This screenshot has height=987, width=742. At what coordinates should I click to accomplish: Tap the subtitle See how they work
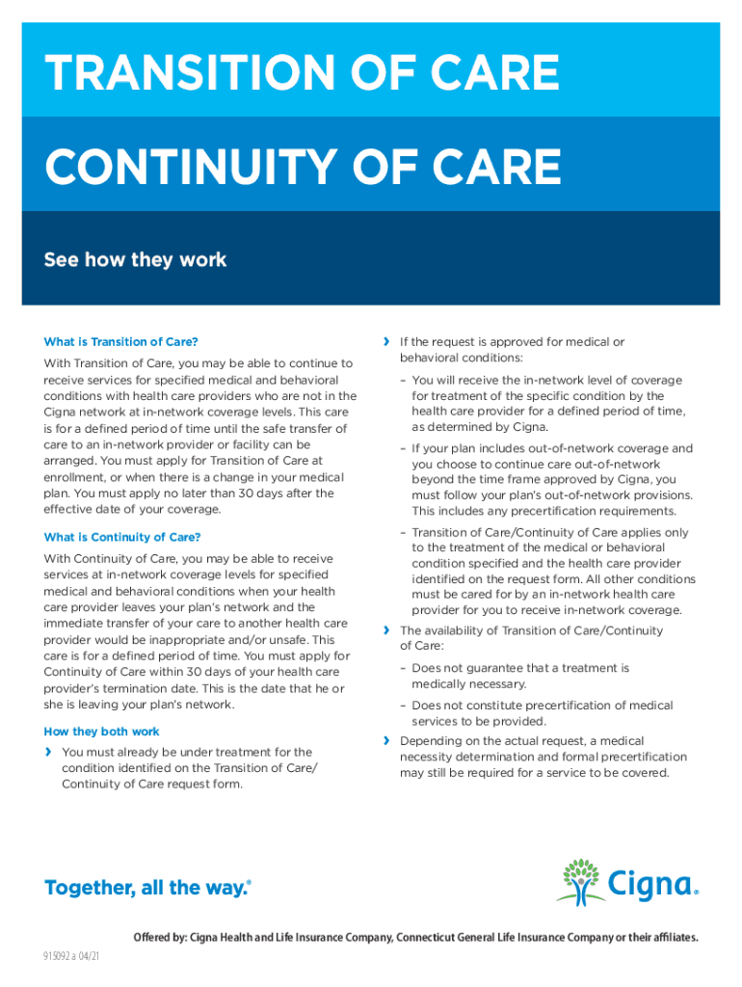coord(135,259)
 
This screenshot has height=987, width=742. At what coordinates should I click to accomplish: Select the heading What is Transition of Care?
coord(121,341)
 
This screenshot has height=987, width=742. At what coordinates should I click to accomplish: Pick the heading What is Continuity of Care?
coord(122,537)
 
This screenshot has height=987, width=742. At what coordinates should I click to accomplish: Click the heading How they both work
coord(101,732)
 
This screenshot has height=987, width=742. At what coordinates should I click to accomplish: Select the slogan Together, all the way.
coord(147,888)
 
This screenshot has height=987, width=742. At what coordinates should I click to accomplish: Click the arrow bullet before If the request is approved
coord(386,341)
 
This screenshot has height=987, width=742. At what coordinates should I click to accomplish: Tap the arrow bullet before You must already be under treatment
coord(48,752)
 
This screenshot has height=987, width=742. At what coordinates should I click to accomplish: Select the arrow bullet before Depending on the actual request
coord(386,741)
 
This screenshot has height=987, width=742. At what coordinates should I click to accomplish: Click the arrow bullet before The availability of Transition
coord(386,630)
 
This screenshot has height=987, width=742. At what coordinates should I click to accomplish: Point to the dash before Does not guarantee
coord(404,668)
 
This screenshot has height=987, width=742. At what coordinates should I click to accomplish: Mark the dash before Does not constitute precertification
coord(404,706)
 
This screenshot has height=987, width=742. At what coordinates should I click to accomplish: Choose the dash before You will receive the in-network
coord(404,381)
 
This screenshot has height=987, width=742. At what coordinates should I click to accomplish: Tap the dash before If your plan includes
coord(404,449)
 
